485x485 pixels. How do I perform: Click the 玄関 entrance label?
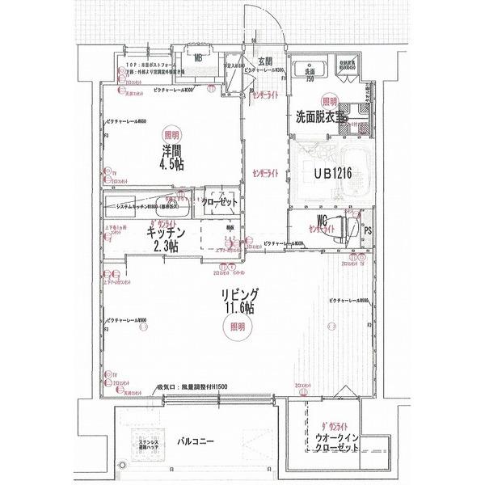264,61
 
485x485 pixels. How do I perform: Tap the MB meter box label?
198,57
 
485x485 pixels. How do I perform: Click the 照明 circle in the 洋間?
170,135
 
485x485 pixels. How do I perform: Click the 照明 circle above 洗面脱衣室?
329,101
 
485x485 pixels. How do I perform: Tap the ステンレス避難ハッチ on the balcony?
145,445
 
